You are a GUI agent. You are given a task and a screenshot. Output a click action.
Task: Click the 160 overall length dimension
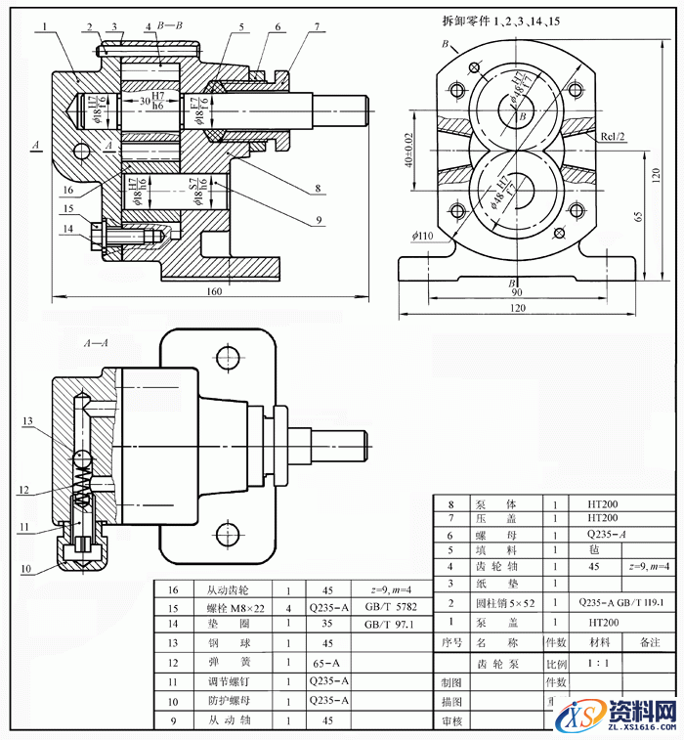(214, 291)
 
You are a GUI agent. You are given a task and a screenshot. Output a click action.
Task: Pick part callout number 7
(317, 27)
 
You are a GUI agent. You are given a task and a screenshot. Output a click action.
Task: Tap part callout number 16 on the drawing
(67, 190)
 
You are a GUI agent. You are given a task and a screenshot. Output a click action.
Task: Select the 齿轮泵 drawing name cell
(494, 664)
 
